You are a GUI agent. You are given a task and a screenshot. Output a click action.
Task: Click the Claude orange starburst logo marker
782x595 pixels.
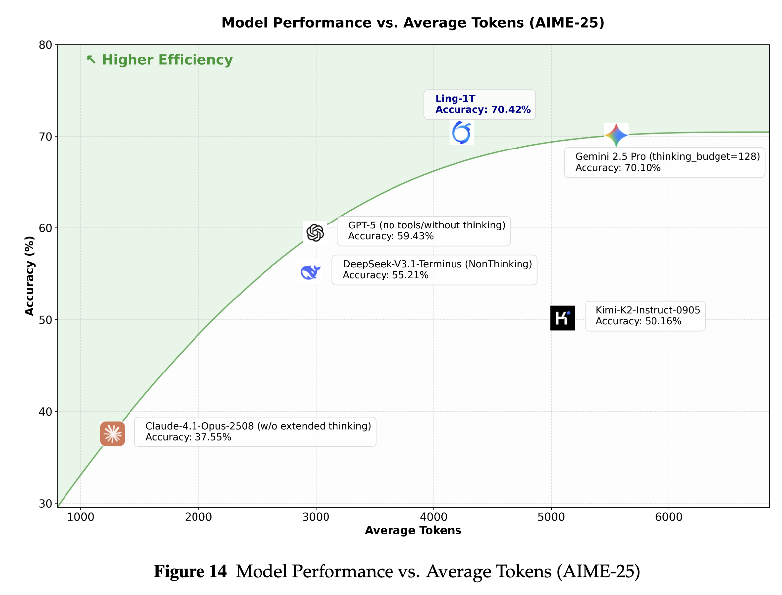click(x=113, y=434)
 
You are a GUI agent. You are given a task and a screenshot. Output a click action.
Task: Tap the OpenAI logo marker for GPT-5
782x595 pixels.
click(x=315, y=232)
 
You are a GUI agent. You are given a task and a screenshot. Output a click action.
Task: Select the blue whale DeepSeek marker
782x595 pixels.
click(x=310, y=272)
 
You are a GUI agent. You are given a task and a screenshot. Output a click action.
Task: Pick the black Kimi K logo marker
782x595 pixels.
click(x=563, y=318)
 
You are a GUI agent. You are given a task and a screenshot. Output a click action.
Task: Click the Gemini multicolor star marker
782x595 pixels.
click(x=616, y=135)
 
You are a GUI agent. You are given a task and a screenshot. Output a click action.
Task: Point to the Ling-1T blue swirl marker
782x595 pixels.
click(x=461, y=133)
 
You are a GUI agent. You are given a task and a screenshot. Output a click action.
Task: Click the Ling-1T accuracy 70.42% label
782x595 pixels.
click(x=479, y=104)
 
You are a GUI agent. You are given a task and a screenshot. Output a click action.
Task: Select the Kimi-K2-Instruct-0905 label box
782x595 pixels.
click(x=645, y=316)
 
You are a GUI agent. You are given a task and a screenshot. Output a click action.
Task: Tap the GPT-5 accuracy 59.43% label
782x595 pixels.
click(x=423, y=231)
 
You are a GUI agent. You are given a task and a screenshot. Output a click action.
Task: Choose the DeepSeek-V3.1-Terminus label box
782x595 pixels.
click(x=434, y=270)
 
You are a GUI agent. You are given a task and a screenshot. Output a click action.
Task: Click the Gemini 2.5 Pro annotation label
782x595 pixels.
click(x=664, y=162)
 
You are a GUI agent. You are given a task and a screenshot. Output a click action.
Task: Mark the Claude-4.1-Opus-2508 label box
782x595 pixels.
click(x=255, y=432)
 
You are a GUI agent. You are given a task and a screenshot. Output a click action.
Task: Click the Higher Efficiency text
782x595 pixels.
click(x=167, y=60)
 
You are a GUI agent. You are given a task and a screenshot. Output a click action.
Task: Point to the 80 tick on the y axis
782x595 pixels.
click(x=45, y=45)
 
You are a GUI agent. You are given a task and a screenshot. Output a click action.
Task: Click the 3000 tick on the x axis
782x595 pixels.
click(x=316, y=517)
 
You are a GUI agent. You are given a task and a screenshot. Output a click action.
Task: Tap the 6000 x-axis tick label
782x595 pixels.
click(x=668, y=517)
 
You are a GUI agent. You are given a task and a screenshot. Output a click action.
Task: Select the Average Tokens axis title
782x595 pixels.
click(x=413, y=531)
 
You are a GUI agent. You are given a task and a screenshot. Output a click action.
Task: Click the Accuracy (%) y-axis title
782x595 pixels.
click(x=30, y=276)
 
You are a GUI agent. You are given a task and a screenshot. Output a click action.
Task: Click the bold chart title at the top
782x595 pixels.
click(x=413, y=23)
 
